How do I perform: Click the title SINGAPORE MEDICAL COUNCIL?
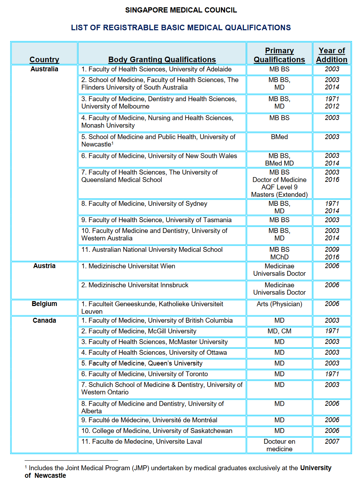coord(181,10)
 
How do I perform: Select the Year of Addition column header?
coord(331,55)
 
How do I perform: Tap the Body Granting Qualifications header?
coord(162,59)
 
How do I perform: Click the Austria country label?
coord(44,266)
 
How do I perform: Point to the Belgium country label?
coord(44,304)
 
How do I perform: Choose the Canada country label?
coord(44,321)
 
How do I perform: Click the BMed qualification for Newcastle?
coord(279,137)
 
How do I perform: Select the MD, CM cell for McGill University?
coord(279,331)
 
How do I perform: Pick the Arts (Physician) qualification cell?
coord(279,304)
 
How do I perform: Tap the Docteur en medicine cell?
coord(279,445)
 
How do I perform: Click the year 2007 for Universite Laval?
coord(332,442)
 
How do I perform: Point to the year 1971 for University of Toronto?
coord(332,374)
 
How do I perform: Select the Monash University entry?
coord(157,122)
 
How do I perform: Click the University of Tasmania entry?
coord(157,220)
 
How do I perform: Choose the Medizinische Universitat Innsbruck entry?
coord(135,285)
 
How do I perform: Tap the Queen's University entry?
coord(142,363)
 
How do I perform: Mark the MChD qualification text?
coord(279,257)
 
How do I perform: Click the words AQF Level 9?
coord(279,187)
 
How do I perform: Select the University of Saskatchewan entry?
coord(157,431)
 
